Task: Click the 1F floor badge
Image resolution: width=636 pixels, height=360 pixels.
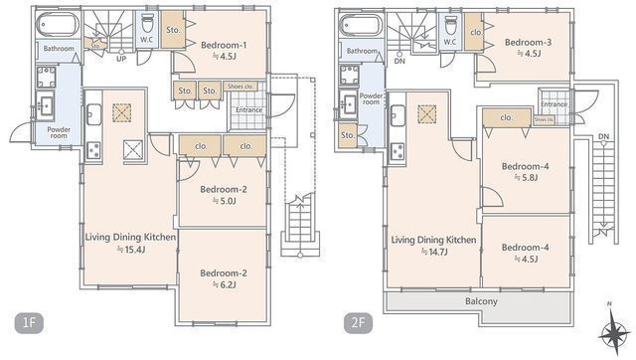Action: (29, 322)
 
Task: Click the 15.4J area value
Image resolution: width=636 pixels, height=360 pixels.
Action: (132, 252)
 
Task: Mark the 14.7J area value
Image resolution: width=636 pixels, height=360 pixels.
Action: (433, 253)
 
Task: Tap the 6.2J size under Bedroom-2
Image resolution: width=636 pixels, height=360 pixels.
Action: (223, 284)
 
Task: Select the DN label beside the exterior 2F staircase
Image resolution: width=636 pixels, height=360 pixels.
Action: (602, 135)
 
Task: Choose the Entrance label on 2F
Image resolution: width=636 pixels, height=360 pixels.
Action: (554, 103)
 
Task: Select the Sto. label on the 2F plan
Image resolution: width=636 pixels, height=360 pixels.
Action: (347, 135)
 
